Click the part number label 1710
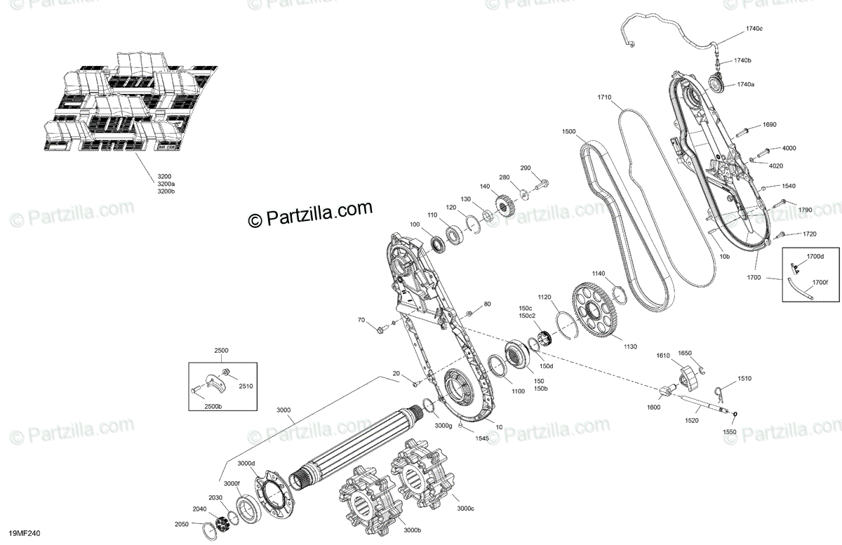[x=604, y=97]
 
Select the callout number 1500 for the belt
[x=568, y=132]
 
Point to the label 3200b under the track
[x=166, y=191]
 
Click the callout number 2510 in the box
[x=246, y=385]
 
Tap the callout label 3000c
[x=465, y=509]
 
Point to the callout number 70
[x=361, y=321]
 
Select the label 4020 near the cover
[x=775, y=166]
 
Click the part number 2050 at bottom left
[x=182, y=524]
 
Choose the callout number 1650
[x=684, y=353]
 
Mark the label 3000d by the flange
[x=246, y=463]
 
